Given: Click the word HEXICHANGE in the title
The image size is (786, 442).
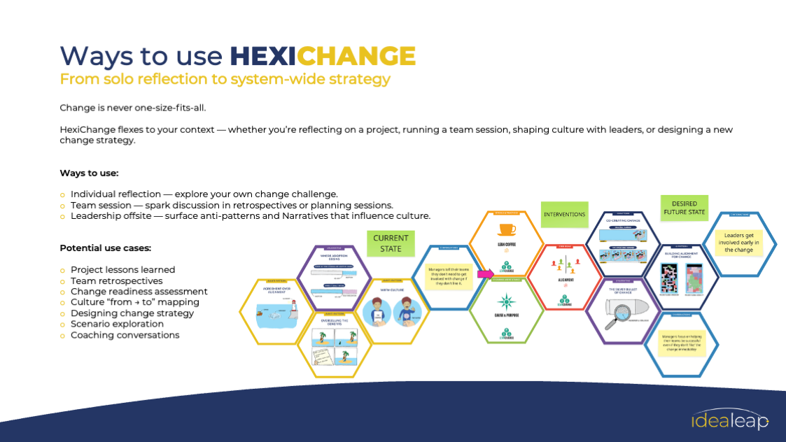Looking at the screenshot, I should pyautogui.click(x=323, y=55).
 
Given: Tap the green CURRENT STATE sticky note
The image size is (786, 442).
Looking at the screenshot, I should pyautogui.click(x=391, y=243).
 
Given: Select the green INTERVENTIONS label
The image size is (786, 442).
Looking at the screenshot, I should pyautogui.click(x=564, y=214).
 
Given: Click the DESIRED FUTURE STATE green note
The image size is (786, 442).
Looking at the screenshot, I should pyautogui.click(x=684, y=208).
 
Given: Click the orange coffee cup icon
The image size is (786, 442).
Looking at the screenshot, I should pyautogui.click(x=507, y=229).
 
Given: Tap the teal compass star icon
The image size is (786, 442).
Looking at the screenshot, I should pyautogui.click(x=505, y=302).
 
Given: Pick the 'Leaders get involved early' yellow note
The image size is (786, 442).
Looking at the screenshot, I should pyautogui.click(x=738, y=244).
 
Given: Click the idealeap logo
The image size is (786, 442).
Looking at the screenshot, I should pyautogui.click(x=729, y=420).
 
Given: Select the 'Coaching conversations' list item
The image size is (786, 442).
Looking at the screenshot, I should pyautogui.click(x=125, y=335).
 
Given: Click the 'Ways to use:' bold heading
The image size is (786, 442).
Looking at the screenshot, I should pyautogui.click(x=88, y=173).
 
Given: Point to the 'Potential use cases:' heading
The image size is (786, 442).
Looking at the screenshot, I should pyautogui.click(x=105, y=248).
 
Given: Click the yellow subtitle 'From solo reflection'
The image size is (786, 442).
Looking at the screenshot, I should pyautogui.click(x=225, y=79).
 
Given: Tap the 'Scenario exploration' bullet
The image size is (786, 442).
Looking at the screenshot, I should pyautogui.click(x=118, y=324).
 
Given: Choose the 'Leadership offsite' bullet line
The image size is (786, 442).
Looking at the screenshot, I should pyautogui.click(x=250, y=216).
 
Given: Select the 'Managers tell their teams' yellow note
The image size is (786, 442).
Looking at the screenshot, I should pyautogui.click(x=448, y=277).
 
